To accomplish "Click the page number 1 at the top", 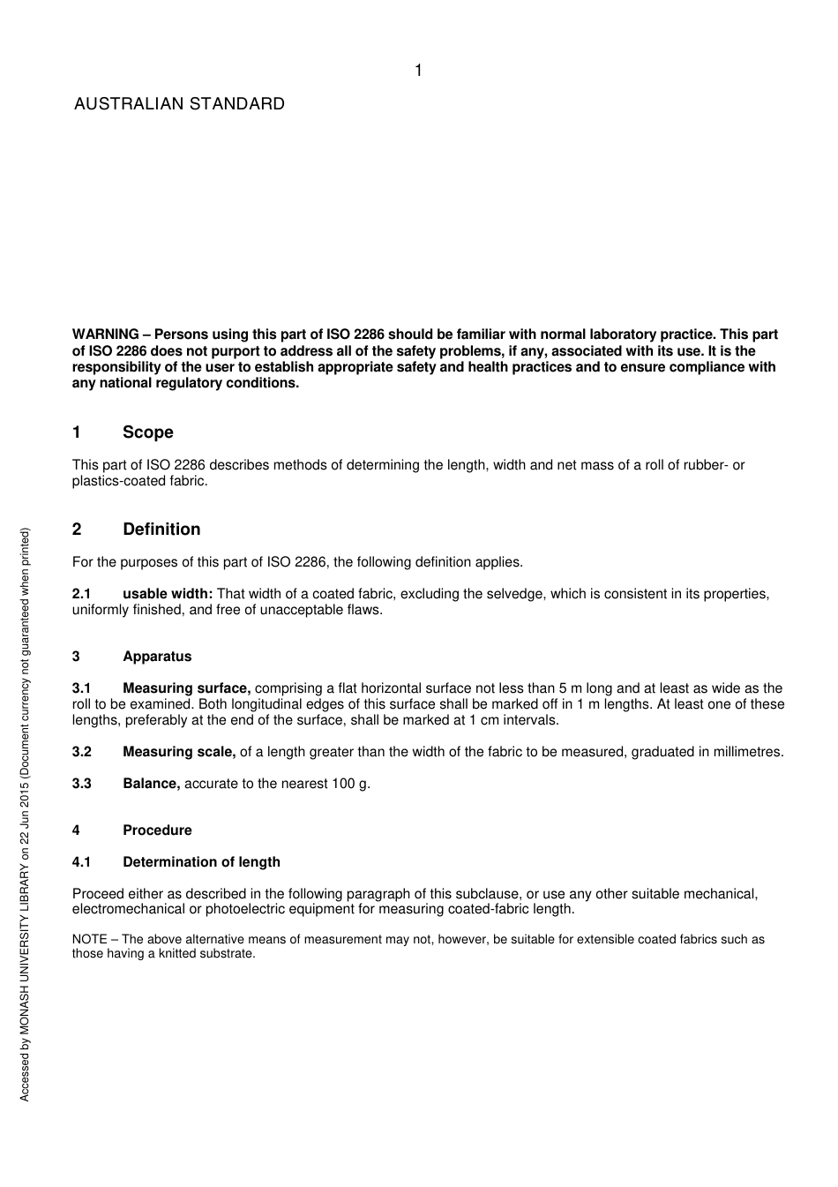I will point(418,71).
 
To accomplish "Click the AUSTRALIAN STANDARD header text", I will point(179,104).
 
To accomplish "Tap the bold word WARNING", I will point(105,334).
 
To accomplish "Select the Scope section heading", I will point(148,432).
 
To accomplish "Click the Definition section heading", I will point(161,530).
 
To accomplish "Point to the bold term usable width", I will point(168,594).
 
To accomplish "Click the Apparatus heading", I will point(157,657).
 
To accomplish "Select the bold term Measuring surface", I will point(186,688).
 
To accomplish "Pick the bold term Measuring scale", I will point(179,752).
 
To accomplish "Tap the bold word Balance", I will point(151,784).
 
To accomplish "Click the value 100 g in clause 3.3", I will point(350,784).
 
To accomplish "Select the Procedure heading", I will point(157,830).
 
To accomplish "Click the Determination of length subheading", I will point(201,862).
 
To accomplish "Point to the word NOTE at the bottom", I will point(89,940).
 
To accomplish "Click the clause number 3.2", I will point(81,752).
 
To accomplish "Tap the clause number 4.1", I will point(81,862).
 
